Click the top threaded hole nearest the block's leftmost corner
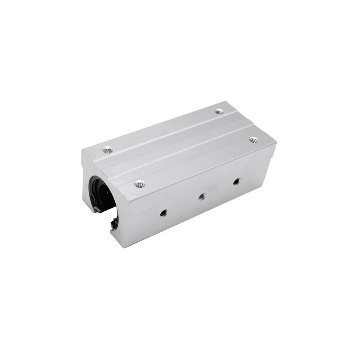click(107, 149)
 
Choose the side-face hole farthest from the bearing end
click(235, 182)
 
